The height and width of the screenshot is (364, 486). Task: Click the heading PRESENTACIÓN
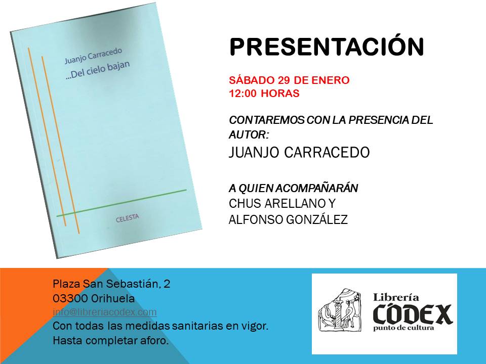pos(327,46)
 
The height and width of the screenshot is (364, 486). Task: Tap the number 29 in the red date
pos(284,80)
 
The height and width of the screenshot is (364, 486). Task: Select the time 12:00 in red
pos(242,93)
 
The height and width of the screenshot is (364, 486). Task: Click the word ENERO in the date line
pos(330,80)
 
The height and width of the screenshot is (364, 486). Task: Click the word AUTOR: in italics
pos(249,135)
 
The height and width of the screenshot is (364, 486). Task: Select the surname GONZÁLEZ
pos(317,219)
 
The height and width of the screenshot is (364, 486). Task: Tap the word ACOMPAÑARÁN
pos(316,188)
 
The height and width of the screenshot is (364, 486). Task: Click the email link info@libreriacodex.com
pos(105,312)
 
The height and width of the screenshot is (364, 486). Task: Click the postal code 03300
pos(70,299)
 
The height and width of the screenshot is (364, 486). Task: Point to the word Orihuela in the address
pos(113,299)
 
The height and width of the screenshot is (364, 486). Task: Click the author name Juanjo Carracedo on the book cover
pos(93,56)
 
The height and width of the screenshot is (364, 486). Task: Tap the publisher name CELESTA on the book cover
pos(128,218)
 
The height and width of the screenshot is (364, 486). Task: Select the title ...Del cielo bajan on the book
pos(98,71)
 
